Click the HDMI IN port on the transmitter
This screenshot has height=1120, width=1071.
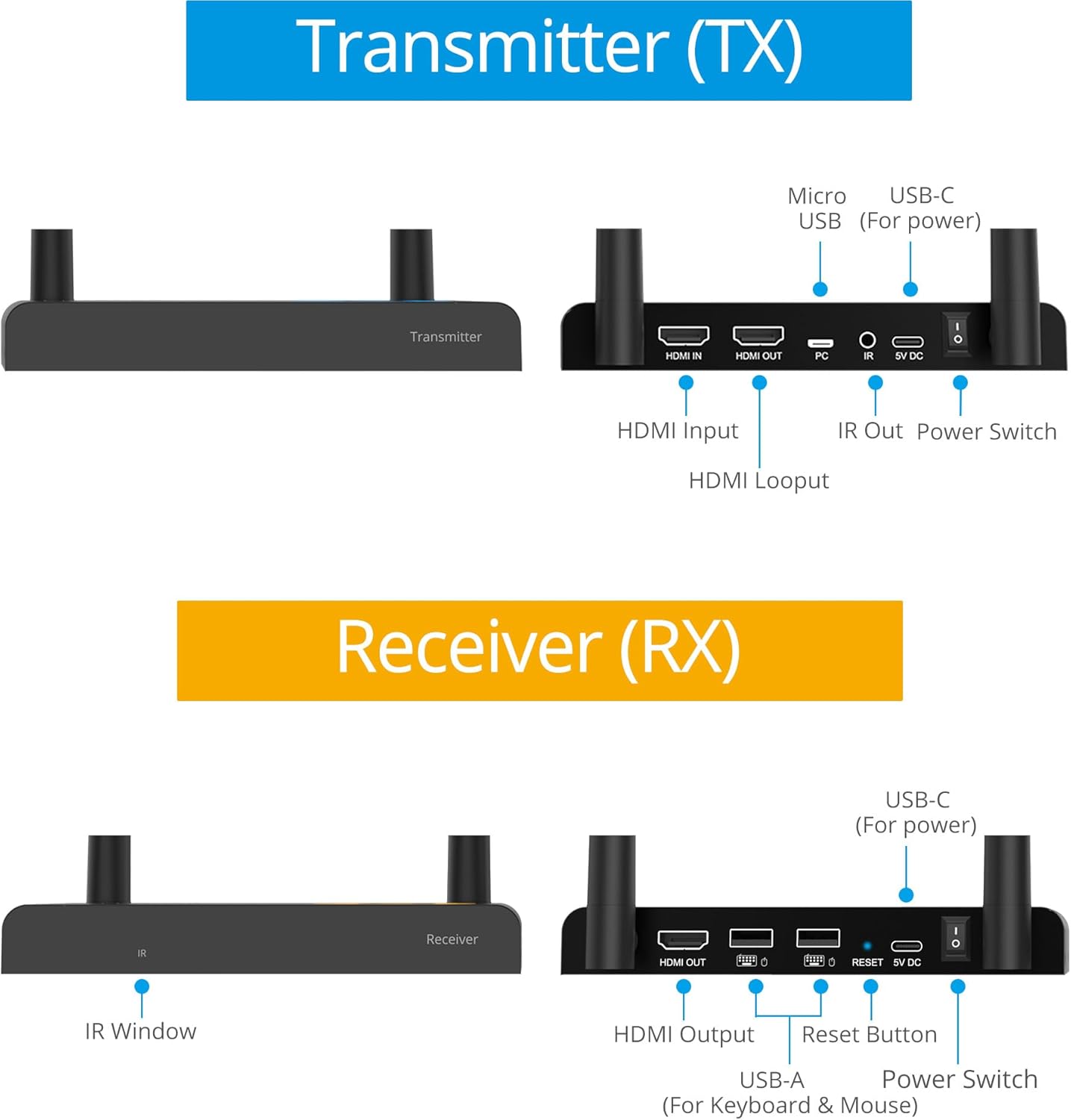tap(683, 335)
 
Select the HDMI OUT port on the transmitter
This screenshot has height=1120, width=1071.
tap(758, 335)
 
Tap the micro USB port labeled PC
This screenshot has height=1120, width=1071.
tap(820, 343)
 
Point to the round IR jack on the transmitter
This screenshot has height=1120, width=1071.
tap(867, 340)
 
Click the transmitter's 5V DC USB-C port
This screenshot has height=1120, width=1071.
tap(908, 342)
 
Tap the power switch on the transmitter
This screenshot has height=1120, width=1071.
tap(957, 333)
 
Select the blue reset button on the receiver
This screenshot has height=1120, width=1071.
tap(867, 946)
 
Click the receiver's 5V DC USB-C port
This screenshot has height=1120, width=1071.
tap(907, 946)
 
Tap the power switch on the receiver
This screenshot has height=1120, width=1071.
tap(955, 937)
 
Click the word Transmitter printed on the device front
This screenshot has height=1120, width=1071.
tap(446, 337)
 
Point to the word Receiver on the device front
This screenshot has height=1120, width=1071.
tap(452, 939)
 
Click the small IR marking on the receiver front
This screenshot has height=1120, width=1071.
tap(142, 953)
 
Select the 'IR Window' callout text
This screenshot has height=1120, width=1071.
tap(140, 1031)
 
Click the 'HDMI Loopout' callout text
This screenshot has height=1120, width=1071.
tap(758, 480)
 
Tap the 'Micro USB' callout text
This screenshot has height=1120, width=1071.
tap(817, 208)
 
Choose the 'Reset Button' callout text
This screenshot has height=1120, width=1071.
tap(869, 1034)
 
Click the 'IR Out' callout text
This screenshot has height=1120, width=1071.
tap(869, 431)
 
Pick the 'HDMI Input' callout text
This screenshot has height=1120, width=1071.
tap(678, 431)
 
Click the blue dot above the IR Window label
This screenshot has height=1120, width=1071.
tap(142, 987)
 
